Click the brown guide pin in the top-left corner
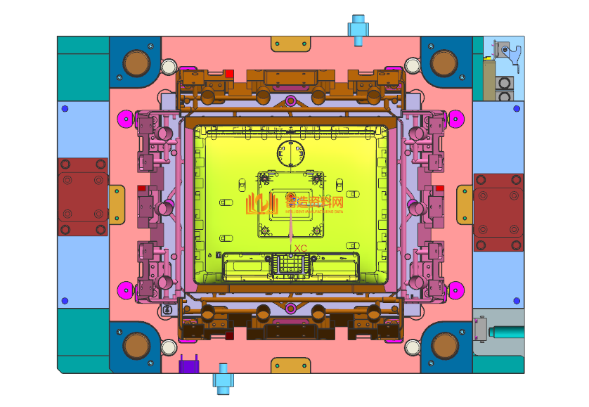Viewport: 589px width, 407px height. point(136,64)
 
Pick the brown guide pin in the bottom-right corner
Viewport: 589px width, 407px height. point(444,345)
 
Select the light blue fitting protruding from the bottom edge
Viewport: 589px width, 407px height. point(224,377)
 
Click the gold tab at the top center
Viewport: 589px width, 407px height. point(290,44)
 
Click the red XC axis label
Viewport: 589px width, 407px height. point(301,248)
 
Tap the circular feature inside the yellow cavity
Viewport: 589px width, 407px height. point(291,154)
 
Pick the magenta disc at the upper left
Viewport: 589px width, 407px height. point(126,117)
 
